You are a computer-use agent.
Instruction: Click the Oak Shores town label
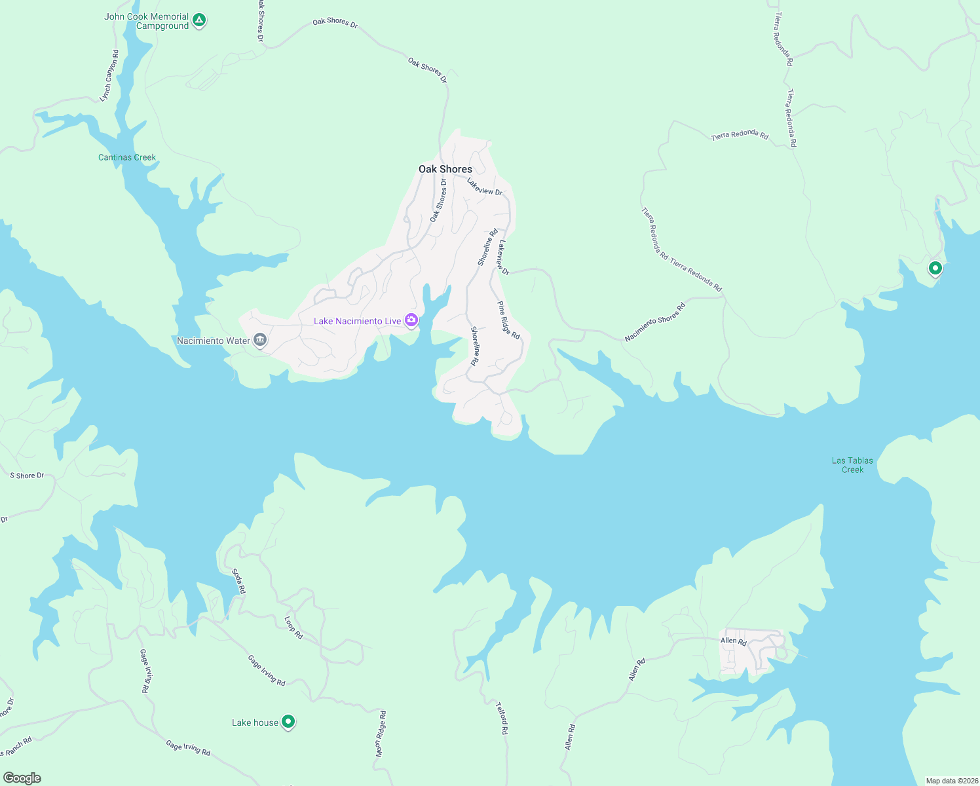coord(445,169)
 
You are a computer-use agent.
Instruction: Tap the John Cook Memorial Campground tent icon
coord(200,21)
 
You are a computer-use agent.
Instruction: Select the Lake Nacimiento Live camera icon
coord(411,320)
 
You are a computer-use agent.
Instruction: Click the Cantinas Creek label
coord(127,157)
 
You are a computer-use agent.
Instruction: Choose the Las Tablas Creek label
coord(852,465)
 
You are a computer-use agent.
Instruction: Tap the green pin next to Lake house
coord(288,722)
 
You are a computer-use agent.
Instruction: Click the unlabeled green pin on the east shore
coord(935,268)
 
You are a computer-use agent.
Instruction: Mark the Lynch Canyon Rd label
coord(109,76)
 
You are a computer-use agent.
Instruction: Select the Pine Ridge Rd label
coord(508,320)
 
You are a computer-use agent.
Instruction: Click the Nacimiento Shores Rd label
coord(654,322)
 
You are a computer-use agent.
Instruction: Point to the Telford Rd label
coord(502,719)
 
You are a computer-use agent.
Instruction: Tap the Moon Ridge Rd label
coord(381,734)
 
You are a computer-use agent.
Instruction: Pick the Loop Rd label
coord(293,627)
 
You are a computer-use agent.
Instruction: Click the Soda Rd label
coord(239,581)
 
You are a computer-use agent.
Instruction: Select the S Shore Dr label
coord(27,476)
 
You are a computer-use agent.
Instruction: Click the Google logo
coord(22,778)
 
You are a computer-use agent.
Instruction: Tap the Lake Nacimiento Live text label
coord(357,321)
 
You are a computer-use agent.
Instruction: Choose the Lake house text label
coord(255,722)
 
